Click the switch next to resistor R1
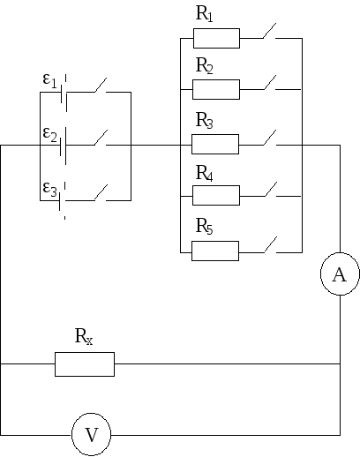pos(270,31)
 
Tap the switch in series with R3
pos(270,138)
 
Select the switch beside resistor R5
pos(270,244)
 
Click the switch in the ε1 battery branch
pos(101,86)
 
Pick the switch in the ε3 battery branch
pos(101,193)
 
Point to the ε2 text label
pos(49,134)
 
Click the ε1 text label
pos(49,80)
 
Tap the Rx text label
pos(84,336)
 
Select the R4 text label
pos(204,173)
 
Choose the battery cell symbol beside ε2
pos(63,146)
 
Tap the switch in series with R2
pos(270,82)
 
